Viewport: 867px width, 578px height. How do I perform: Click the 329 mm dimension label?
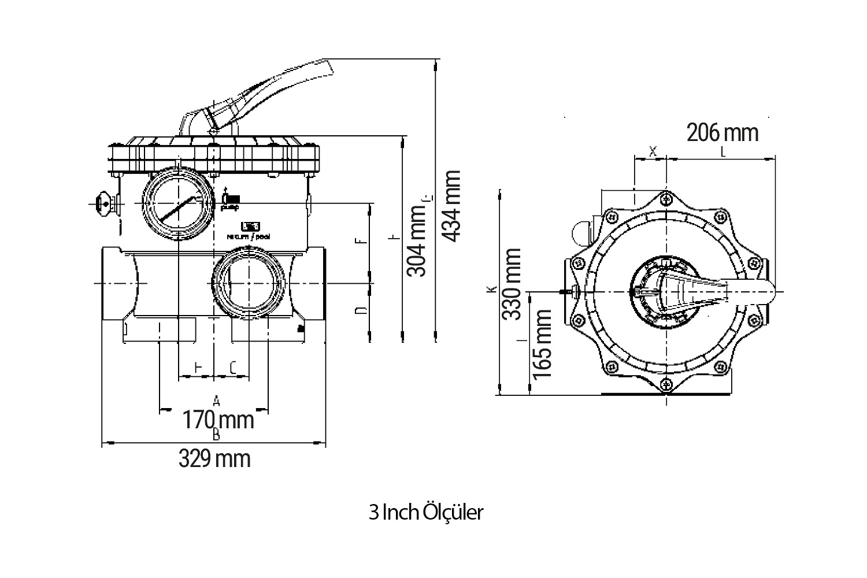tap(214, 460)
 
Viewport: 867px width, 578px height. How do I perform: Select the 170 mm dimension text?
tap(218, 420)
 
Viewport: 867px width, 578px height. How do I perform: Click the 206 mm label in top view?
tap(722, 133)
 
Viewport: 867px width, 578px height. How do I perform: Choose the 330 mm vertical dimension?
tap(512, 284)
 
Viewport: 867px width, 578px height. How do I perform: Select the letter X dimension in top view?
tap(653, 151)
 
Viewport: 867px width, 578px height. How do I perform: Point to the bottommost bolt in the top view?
tap(667, 382)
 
